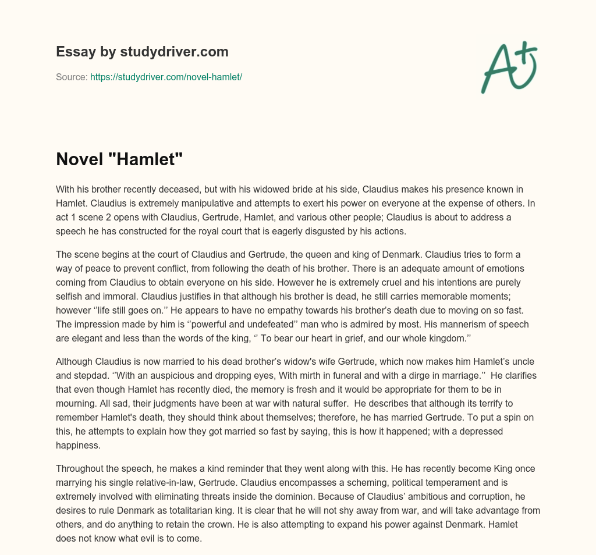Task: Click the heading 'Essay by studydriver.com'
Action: pos(142,52)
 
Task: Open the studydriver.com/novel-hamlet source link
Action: pos(166,77)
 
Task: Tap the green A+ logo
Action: pos(509,67)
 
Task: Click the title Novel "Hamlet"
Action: pos(119,159)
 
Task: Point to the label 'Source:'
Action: pos(72,77)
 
